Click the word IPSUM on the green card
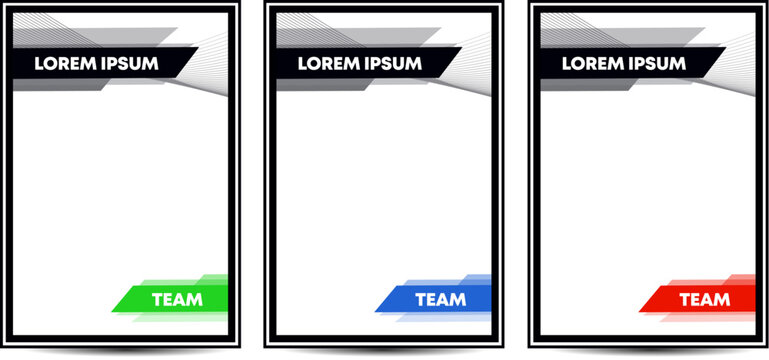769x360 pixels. pyautogui.click(x=127, y=63)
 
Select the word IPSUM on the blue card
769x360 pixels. pyautogui.click(x=391, y=63)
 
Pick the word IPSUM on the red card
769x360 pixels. pyautogui.click(x=655, y=63)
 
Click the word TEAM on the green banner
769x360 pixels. pyautogui.click(x=177, y=299)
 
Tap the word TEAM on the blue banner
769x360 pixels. pyautogui.click(x=441, y=299)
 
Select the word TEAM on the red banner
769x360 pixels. pyautogui.click(x=705, y=299)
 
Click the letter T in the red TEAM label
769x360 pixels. pyautogui.click(x=685, y=299)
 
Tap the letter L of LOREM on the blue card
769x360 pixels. pyautogui.click(x=302, y=63)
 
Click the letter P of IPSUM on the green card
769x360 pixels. pyautogui.click(x=114, y=63)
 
